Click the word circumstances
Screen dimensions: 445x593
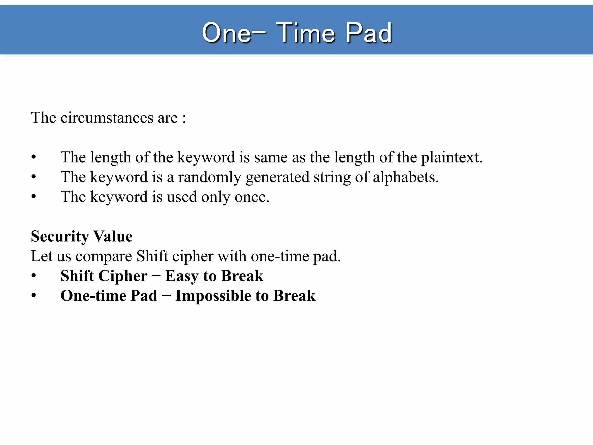click(107, 118)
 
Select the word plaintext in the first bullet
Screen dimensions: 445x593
click(451, 157)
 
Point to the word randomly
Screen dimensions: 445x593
click(209, 177)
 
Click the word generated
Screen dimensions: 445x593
click(277, 177)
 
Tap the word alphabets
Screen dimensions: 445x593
click(405, 177)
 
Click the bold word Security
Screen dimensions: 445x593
click(60, 236)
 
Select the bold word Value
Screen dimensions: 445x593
click(113, 236)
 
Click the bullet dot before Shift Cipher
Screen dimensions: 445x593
click(34, 276)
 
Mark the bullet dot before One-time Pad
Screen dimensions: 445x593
click(34, 296)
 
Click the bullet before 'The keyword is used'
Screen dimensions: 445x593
click(34, 197)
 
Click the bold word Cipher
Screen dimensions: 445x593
click(123, 276)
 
